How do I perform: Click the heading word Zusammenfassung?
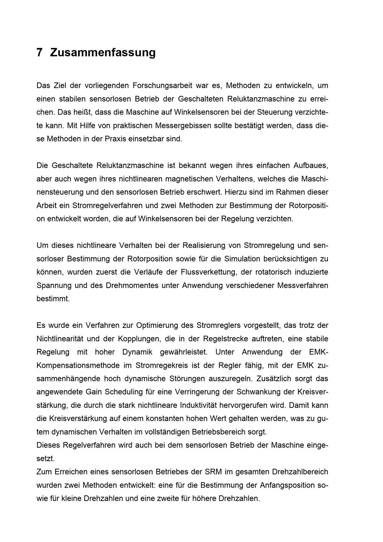point(103,52)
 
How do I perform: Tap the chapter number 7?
point(39,52)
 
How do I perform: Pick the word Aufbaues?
point(311,165)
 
